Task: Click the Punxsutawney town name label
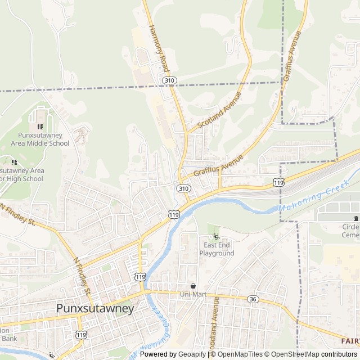coord(95,309)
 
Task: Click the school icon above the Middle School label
coord(40,127)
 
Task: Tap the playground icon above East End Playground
coord(217,236)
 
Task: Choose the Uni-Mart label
coord(193,294)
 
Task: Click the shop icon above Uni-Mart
coord(193,286)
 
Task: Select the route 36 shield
coord(253,299)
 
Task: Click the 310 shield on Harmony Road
coord(170,81)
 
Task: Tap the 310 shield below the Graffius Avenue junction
coord(183,188)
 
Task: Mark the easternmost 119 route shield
coord(278,183)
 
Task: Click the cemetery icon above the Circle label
coord(355,218)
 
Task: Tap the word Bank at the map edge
coord(8,338)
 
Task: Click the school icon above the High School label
coord(14,162)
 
